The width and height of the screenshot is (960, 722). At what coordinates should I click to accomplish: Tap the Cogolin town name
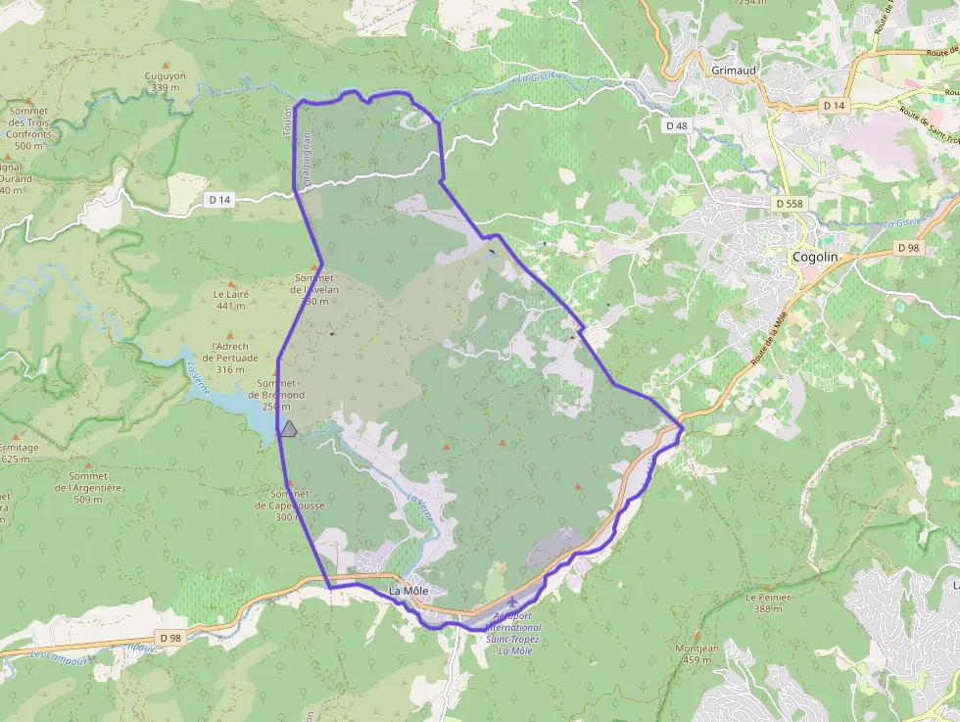coord(815,257)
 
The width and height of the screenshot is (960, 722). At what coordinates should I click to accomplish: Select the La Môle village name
coord(408,591)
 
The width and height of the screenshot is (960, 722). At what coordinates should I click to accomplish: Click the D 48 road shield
coord(677,125)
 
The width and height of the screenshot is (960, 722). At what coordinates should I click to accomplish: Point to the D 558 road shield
coord(789,203)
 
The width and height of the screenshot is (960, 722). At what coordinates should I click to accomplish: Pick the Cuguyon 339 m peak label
coord(165,81)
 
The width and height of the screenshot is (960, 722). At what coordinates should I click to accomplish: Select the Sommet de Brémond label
coord(280,389)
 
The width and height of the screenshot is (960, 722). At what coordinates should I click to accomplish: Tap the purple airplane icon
coord(511,600)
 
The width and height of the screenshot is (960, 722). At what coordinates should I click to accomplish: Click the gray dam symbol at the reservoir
coord(288,428)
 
